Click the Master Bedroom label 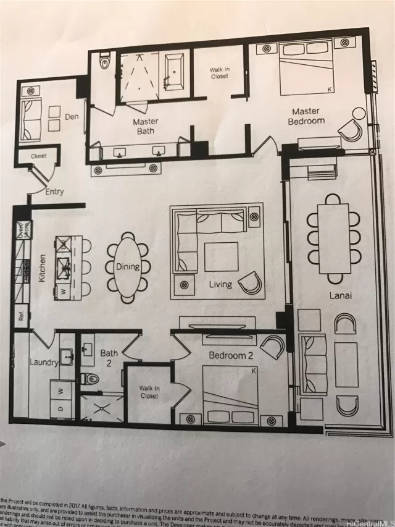click(x=306, y=116)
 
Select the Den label click(x=72, y=116)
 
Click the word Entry click(x=54, y=192)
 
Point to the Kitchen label click(x=43, y=268)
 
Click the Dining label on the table click(x=128, y=267)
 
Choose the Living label click(x=220, y=285)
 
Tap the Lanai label click(x=339, y=295)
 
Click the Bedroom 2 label click(x=230, y=355)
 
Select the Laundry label click(x=44, y=363)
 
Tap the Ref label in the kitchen click(x=21, y=317)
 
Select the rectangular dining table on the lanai click(x=334, y=238)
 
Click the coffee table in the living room click(x=221, y=256)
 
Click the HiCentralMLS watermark click(x=368, y=522)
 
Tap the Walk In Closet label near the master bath click(x=218, y=72)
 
